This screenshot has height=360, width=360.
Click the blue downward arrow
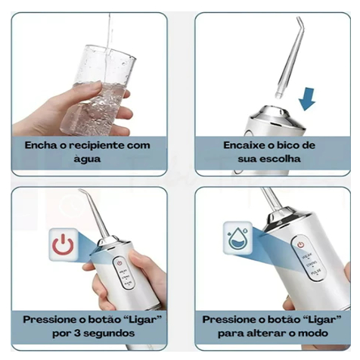click(307, 99)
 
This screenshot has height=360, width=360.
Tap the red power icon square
click(63, 244)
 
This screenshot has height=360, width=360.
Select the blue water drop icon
click(237, 238)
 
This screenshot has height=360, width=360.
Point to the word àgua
click(87, 159)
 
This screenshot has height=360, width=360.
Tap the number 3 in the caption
click(77, 334)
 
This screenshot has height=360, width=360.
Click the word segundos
click(109, 334)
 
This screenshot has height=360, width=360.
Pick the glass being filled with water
click(100, 91)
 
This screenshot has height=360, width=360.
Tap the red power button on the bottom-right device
click(300, 244)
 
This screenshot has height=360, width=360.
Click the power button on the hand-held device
click(119, 263)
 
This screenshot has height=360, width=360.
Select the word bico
click(287, 145)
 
